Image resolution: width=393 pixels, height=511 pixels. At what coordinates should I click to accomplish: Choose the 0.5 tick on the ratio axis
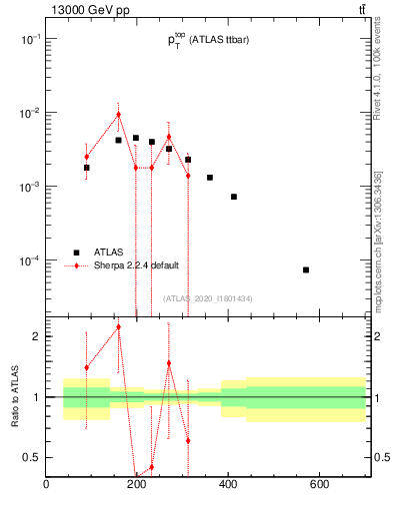click(x=31, y=457)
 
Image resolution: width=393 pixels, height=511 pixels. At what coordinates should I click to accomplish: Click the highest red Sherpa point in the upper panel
click(x=118, y=114)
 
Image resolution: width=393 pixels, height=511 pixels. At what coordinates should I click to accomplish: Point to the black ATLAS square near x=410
click(x=234, y=197)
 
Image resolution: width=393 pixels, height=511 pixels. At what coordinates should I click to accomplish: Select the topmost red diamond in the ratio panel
click(x=118, y=326)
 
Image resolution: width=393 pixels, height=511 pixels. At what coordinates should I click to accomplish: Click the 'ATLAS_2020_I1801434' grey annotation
click(x=207, y=298)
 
